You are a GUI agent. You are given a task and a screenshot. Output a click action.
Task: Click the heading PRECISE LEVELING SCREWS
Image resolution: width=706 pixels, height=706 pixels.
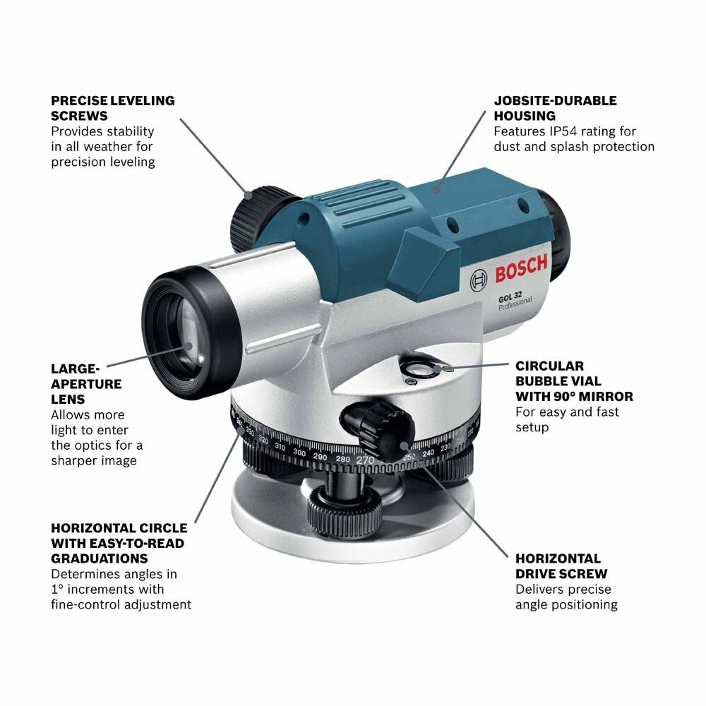coord(112,108)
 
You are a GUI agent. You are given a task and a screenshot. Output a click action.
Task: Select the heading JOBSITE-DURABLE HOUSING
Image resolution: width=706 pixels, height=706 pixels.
coord(555,108)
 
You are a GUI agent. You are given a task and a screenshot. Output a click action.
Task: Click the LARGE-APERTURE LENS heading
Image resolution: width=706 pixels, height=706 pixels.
coord(86,383)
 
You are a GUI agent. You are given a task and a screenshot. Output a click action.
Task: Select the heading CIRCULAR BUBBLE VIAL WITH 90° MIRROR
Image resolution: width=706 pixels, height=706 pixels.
coord(573,381)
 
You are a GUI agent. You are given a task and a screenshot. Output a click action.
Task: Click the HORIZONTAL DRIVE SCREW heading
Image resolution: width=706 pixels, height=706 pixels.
coord(561,566)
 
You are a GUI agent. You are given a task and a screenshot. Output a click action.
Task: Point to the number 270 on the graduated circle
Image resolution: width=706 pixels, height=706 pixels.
coord(365,460)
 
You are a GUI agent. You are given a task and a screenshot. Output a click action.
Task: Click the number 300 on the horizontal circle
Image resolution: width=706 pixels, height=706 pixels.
coord(299,453)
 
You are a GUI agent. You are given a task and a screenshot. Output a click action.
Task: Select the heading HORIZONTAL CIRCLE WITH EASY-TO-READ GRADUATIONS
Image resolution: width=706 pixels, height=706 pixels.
coord(119,543)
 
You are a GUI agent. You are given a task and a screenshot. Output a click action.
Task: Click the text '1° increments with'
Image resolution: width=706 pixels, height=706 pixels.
coord(107,589)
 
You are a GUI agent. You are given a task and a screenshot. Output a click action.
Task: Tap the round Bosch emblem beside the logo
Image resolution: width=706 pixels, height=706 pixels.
coord(478,280)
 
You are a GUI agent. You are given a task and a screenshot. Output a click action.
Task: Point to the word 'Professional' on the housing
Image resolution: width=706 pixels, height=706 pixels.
coord(515,304)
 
